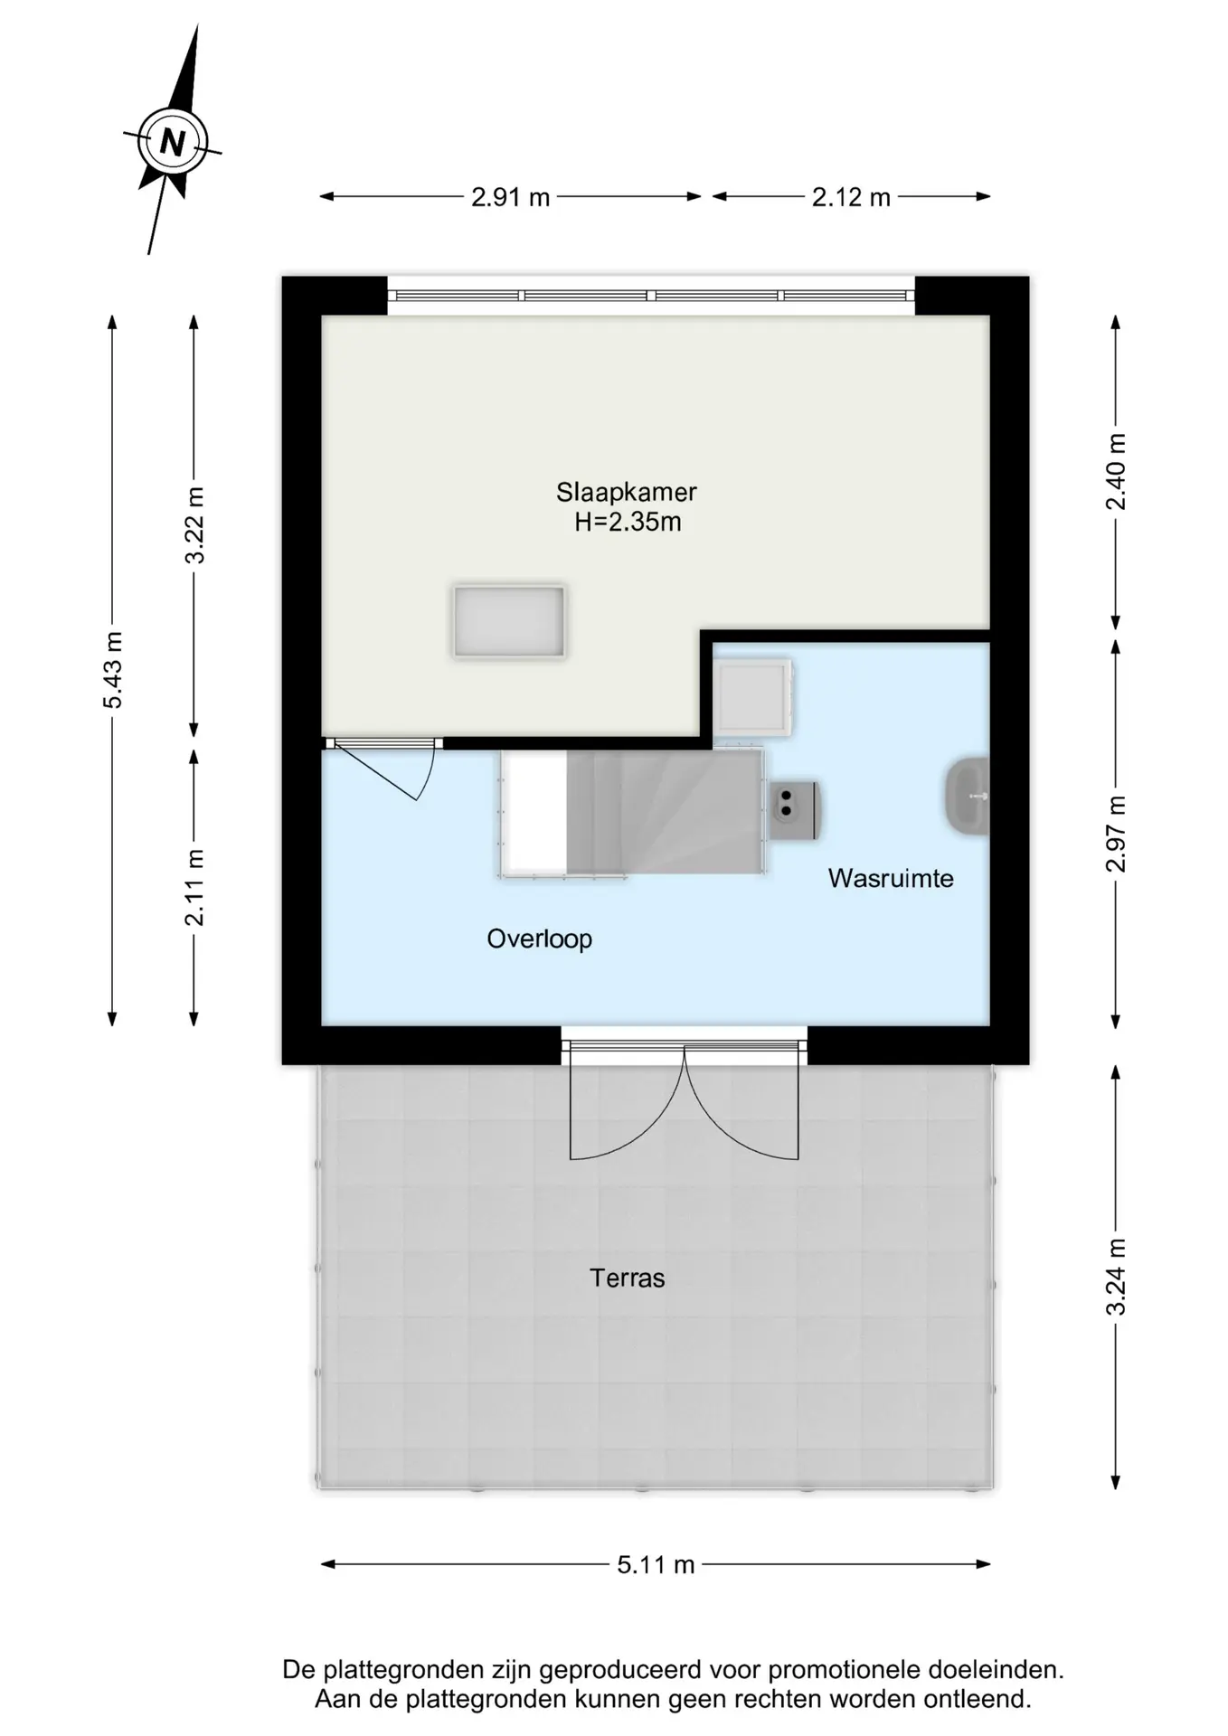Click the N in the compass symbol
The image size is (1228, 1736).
172,143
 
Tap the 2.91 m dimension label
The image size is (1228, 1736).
510,197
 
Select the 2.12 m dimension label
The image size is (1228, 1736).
851,197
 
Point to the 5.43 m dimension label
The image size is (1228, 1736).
113,670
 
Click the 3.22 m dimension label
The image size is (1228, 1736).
194,524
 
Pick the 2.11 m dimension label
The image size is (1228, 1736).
194,887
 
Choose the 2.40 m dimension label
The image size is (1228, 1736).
1117,471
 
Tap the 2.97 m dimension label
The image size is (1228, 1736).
1117,834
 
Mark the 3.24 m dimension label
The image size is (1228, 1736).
1117,1276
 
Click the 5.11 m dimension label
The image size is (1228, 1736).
656,1564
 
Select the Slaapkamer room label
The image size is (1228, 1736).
627,493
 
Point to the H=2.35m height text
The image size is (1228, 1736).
628,522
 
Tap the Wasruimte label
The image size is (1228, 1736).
891,878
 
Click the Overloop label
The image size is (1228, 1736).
540,939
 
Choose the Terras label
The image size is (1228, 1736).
628,1278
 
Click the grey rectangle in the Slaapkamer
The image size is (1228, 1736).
509,621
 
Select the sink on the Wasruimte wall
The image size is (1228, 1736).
968,796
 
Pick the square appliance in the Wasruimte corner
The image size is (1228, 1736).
753,695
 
